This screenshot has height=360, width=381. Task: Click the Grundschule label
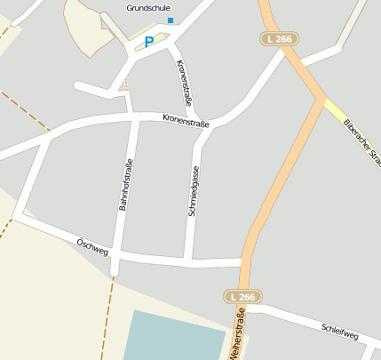147,8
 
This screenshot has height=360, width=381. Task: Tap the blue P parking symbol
149,41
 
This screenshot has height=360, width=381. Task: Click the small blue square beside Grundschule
171,20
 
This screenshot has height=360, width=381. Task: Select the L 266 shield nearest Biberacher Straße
281,39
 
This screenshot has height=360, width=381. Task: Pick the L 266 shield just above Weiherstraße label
242,297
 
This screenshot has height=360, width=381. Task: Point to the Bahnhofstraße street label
126,184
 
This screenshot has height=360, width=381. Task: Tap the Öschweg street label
92,247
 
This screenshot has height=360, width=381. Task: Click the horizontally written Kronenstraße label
186,120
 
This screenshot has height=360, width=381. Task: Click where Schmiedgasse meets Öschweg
189,260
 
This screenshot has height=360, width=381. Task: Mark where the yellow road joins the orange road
321,97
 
